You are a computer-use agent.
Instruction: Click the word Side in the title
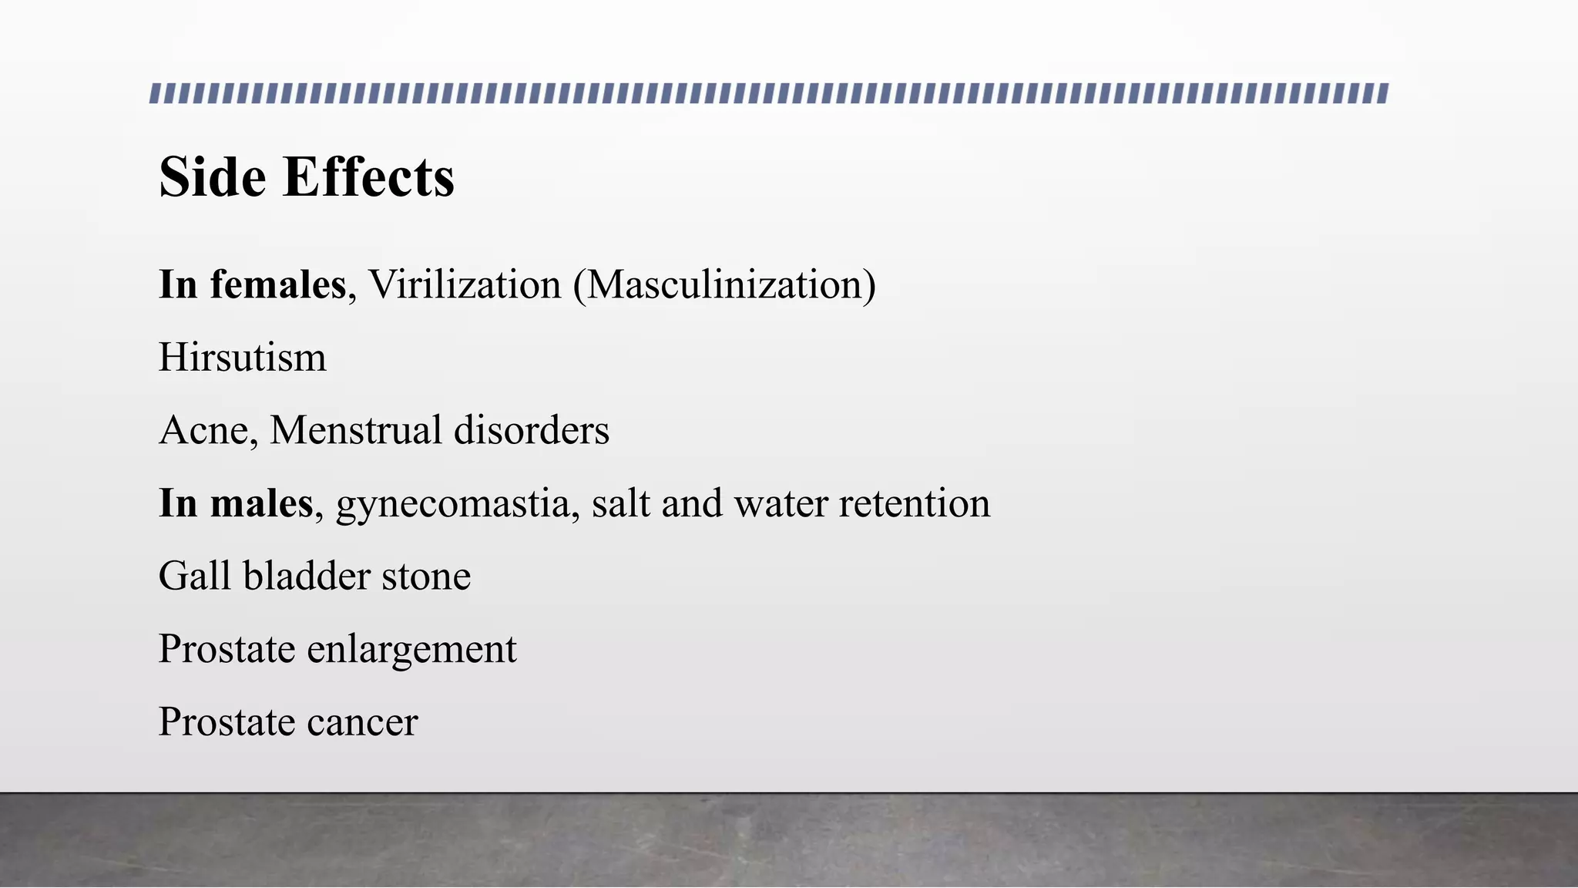[213, 177]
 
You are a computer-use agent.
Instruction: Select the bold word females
[277, 284]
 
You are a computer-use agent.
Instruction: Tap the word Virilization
[465, 284]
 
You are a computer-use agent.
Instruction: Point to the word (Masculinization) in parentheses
[724, 284]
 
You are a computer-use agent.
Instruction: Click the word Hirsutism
[243, 358]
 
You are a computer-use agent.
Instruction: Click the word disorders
[532, 430]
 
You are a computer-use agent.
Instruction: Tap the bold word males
[261, 503]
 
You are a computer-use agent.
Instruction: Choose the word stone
[426, 576]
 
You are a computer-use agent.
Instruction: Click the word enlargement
[412, 650]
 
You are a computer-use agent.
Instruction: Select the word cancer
[362, 722]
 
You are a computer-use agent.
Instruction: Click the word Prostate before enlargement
[227, 649]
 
